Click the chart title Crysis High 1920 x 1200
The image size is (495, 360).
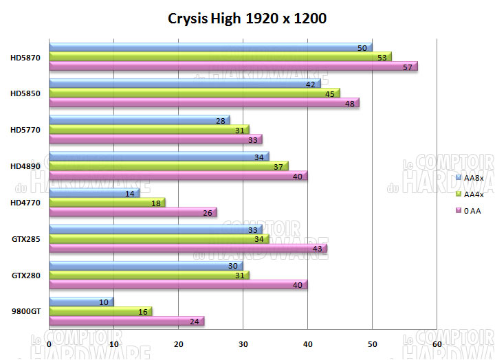[x=247, y=18]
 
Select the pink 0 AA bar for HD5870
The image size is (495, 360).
[x=233, y=67]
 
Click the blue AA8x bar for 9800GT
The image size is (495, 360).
[x=81, y=302]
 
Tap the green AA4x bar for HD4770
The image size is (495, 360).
[x=107, y=203]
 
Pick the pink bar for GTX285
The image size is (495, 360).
[x=188, y=248]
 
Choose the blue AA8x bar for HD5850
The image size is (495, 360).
[x=185, y=84]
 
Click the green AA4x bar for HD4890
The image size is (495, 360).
[x=168, y=166]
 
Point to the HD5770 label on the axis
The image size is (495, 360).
[x=25, y=129]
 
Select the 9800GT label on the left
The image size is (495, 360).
[x=25, y=311]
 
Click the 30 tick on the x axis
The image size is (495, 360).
[x=243, y=343]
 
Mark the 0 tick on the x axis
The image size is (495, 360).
[x=49, y=343]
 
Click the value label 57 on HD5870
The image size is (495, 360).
[x=407, y=67]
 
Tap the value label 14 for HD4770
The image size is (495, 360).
[x=129, y=193]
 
